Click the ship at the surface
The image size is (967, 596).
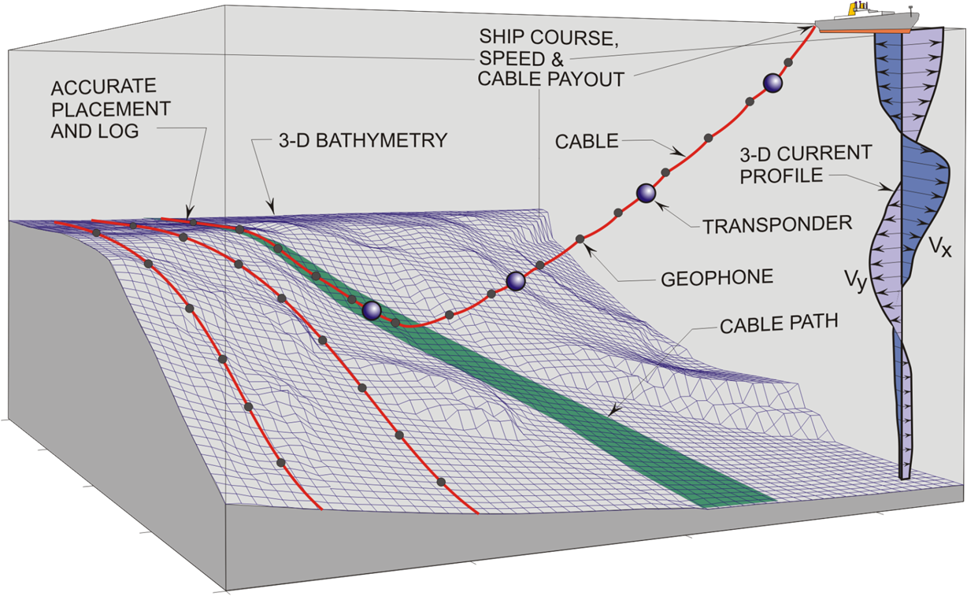[x=867, y=20]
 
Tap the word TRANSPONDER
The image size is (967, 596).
[x=777, y=224]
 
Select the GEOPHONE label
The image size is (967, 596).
[x=717, y=278]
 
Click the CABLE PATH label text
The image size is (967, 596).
[x=779, y=324]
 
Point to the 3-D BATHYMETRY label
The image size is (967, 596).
[x=362, y=141]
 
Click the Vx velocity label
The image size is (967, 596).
[x=940, y=248]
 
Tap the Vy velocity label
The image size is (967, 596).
[x=856, y=280]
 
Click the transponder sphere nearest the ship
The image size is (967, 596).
[x=772, y=83]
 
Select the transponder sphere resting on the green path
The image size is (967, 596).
[x=371, y=310]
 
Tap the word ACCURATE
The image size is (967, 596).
[x=104, y=87]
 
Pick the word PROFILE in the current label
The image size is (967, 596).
[x=781, y=176]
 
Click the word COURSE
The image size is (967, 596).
[x=574, y=38]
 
